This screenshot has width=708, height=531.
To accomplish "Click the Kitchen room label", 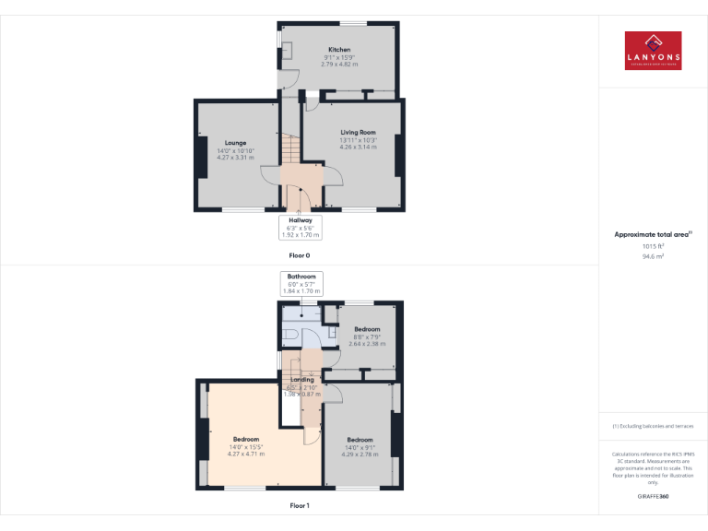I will click(x=339, y=50).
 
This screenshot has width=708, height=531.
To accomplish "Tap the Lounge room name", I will click(x=235, y=143).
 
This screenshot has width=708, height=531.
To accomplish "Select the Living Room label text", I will click(x=359, y=133).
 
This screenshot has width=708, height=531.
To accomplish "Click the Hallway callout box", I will click(x=301, y=227).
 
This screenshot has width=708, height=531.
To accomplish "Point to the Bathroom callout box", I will click(x=301, y=283).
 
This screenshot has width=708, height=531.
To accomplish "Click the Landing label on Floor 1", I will click(x=301, y=380).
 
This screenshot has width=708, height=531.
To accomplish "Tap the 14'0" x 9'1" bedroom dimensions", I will click(x=360, y=447).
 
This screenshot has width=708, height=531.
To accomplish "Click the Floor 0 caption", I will click(x=301, y=254).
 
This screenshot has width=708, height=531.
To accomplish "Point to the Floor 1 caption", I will click(x=300, y=506).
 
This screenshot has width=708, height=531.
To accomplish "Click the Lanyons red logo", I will click(x=653, y=51).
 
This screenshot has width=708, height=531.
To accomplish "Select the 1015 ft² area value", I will click(x=653, y=246).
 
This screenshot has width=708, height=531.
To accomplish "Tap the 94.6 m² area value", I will click(x=653, y=257).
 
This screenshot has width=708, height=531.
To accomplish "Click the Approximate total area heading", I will click(x=652, y=235).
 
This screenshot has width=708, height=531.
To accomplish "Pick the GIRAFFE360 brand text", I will click(x=653, y=497).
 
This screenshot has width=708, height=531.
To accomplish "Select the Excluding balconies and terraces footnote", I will click(x=653, y=426).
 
